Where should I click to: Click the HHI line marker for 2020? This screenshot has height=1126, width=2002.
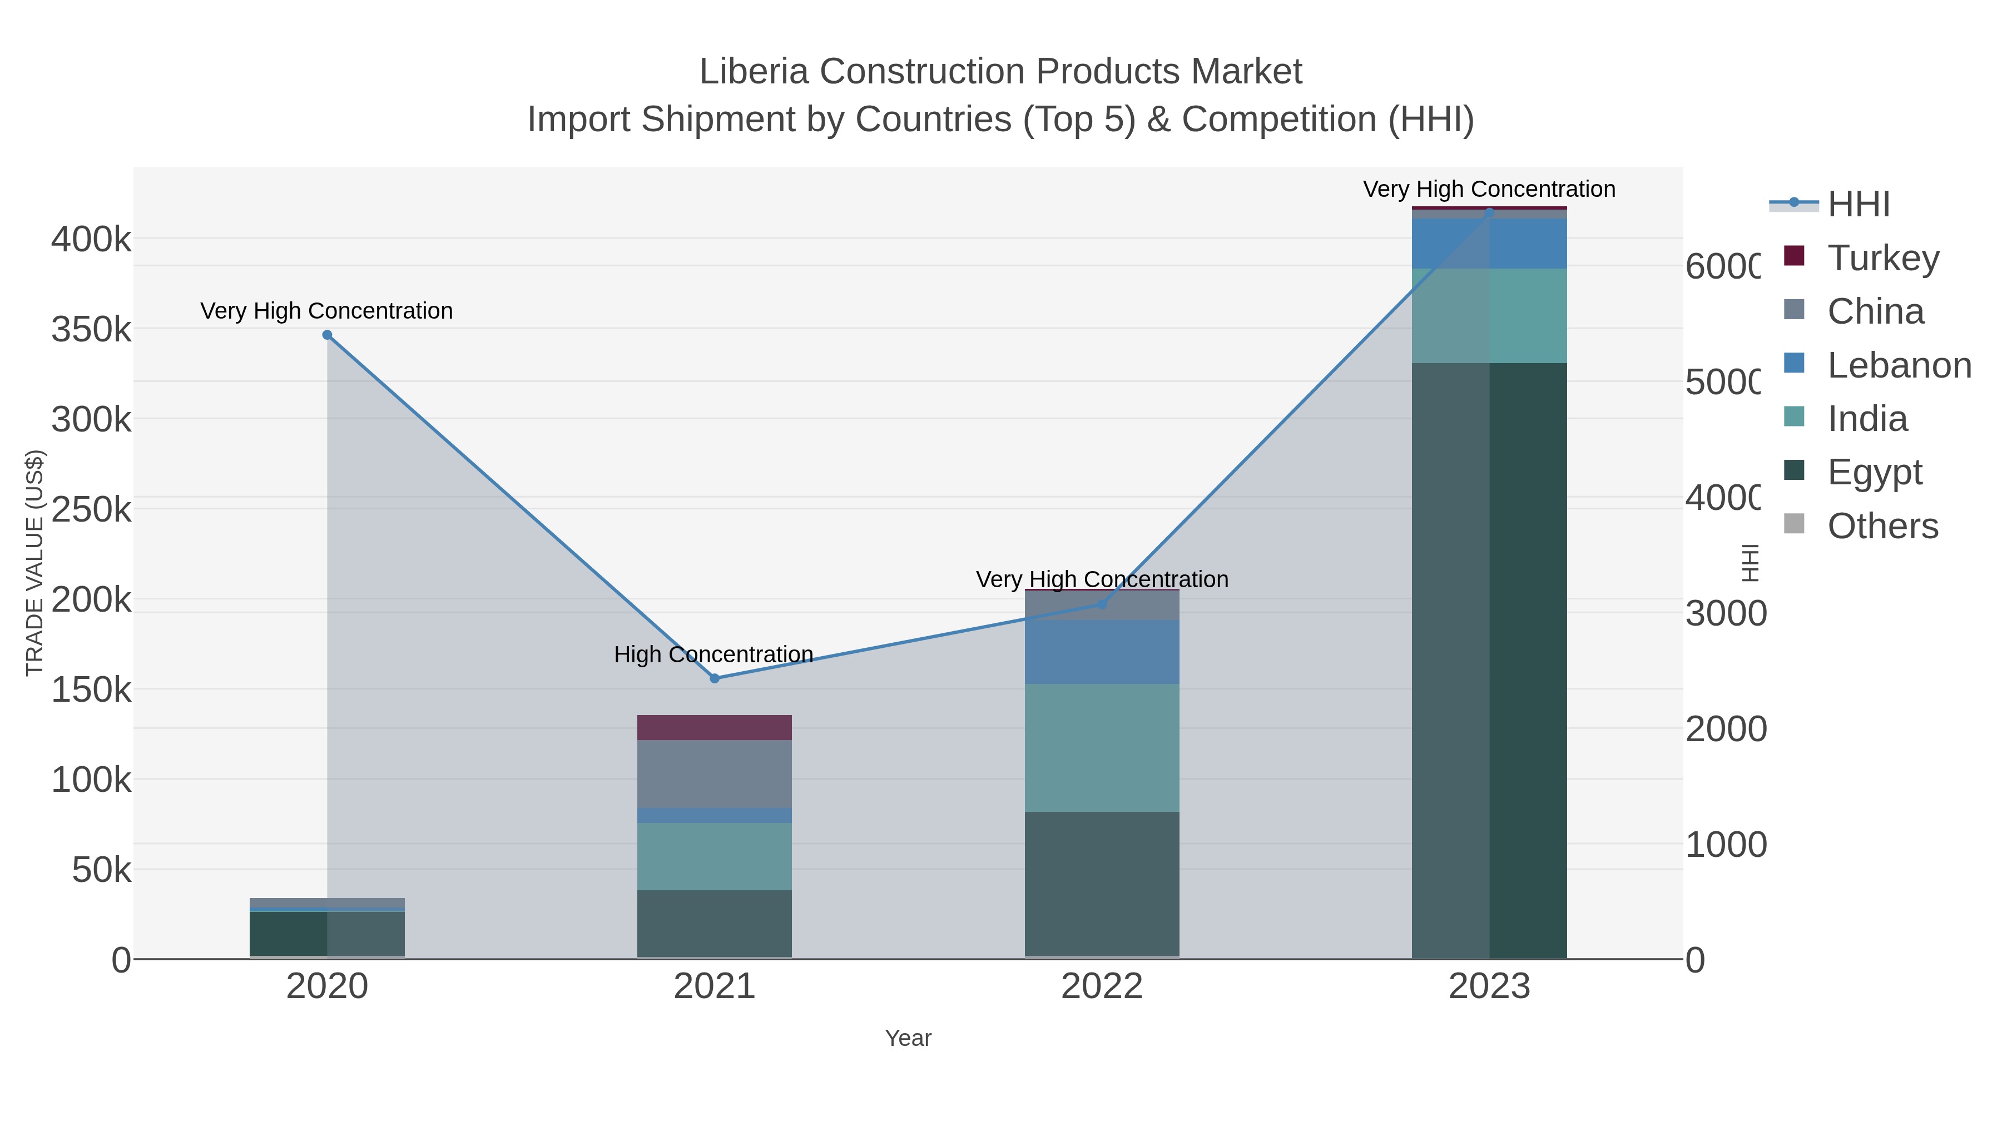click(327, 335)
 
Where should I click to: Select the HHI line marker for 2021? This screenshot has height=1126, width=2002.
click(714, 678)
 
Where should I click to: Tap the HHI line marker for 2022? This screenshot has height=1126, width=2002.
click(1101, 604)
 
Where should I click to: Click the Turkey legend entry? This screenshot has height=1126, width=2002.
click(1882, 258)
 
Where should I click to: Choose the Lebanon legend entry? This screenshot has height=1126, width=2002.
click(1898, 365)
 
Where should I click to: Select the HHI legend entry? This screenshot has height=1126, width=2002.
click(1857, 205)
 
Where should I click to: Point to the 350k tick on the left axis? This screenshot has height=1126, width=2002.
click(91, 330)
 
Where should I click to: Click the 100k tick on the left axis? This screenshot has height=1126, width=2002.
click(91, 780)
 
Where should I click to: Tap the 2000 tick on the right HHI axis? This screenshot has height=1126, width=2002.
click(1725, 729)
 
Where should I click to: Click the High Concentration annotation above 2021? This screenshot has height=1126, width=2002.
click(713, 654)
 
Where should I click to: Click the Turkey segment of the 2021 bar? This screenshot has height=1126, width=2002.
click(714, 727)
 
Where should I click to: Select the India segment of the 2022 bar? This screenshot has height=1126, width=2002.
click(1101, 747)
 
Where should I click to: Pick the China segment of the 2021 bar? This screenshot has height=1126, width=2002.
click(714, 774)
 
